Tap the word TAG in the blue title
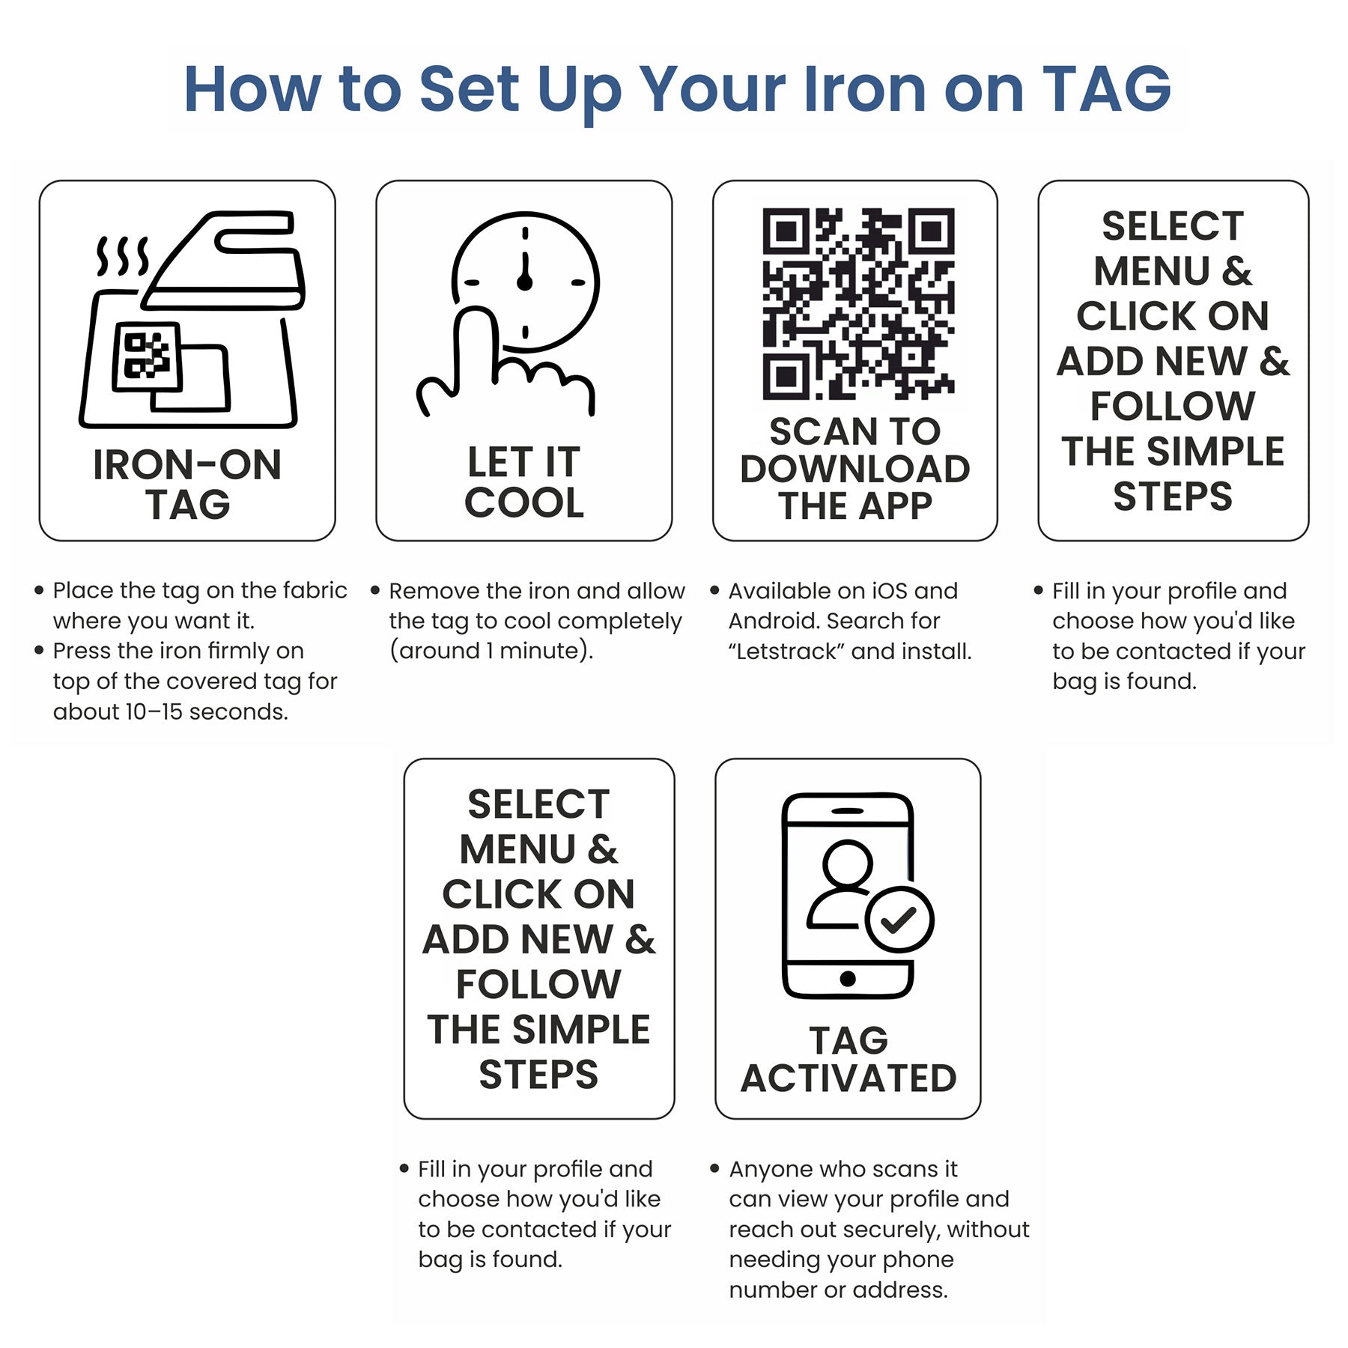(1106, 89)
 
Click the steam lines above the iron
(122, 257)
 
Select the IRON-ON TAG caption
(187, 485)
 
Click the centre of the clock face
(525, 282)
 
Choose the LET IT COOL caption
(523, 482)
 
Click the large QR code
(858, 303)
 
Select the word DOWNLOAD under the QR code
(855, 470)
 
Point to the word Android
(771, 621)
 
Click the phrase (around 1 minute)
(491, 651)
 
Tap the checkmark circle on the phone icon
(899, 919)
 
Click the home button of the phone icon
(848, 978)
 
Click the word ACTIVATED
(848, 1078)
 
